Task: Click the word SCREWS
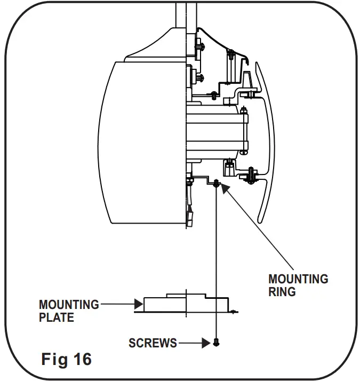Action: tap(153, 343)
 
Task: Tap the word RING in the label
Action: tap(282, 292)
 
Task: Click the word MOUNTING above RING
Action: tap(298, 279)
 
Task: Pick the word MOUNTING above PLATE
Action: tap(69, 305)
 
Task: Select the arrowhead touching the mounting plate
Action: tap(138, 305)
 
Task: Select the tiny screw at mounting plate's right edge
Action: tap(233, 309)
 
